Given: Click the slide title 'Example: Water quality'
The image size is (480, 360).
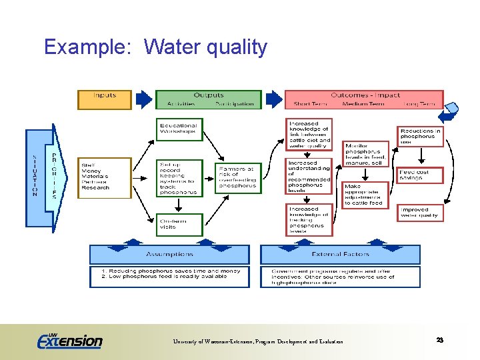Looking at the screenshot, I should [155, 47].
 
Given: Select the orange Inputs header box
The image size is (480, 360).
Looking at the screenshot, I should [105, 99].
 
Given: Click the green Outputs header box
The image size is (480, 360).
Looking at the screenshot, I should [208, 99].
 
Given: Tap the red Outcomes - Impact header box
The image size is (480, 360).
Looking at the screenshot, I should [363, 99].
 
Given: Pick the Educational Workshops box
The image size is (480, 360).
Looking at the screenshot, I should [180, 129].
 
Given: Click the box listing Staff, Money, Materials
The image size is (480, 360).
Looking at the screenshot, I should [105, 177].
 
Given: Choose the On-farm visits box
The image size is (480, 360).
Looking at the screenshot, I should [180, 225].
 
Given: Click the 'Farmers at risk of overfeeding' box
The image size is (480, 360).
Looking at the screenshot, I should [238, 178].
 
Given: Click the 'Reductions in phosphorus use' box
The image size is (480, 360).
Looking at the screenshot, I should [420, 137].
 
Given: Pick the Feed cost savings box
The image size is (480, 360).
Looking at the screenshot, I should [420, 175].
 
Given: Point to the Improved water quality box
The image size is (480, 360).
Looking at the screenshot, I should [420, 213].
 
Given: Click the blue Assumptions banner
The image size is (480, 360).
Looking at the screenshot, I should [169, 254].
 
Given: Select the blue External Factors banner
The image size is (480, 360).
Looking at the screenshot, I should [340, 254].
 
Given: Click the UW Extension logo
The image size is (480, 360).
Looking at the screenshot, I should [70, 341].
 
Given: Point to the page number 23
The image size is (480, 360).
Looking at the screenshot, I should [439, 340].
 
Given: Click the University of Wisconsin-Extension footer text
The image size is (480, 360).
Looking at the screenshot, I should [257, 341].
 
